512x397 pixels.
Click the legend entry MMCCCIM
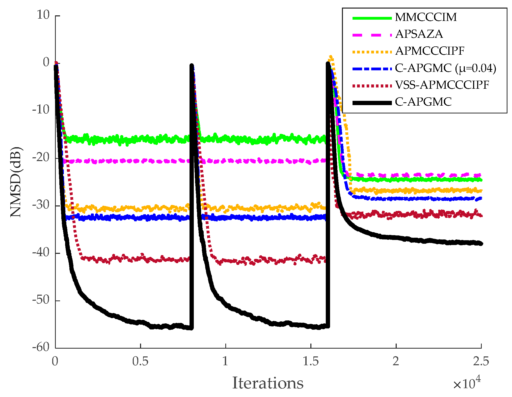tap(426, 17)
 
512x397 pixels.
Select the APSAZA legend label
tap(419, 34)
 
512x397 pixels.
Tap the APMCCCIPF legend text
tap(430, 51)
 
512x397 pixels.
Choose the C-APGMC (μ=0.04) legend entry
tap(445, 68)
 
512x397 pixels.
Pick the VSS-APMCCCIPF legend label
tap(442, 85)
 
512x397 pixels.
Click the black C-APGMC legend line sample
tap(372, 103)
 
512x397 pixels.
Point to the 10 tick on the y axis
tap(43, 15)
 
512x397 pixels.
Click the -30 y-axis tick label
tap(41, 205)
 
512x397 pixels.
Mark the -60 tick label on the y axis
tap(41, 348)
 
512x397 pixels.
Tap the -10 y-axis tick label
tap(41, 110)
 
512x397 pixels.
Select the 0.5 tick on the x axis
tap(140, 361)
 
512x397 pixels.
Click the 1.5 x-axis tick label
tap(311, 361)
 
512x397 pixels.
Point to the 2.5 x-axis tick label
tap(481, 361)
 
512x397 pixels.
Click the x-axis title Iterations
tap(268, 383)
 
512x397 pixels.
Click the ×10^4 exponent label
tap(467, 383)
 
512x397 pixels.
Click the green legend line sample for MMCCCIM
tap(372, 18)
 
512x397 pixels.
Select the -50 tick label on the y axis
tap(41, 300)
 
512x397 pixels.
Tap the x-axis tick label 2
tap(396, 361)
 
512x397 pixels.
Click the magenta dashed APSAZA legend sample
tap(372, 35)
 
